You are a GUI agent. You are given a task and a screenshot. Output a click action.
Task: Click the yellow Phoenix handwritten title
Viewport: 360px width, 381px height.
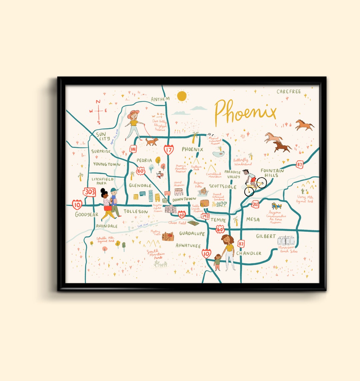[x=245, y=111]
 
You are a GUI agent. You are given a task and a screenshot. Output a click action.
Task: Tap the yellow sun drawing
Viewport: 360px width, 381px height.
[x=182, y=96]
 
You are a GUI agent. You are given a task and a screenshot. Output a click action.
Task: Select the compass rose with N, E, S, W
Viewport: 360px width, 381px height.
[x=98, y=112]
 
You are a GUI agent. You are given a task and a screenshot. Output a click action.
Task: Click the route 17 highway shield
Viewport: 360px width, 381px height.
[x=169, y=150]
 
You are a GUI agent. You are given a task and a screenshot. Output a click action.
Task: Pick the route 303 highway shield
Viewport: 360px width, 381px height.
[x=90, y=192]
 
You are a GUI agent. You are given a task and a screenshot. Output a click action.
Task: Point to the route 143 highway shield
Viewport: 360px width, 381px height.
[x=206, y=216]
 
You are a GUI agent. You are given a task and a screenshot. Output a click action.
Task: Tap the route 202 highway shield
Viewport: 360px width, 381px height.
[x=255, y=204]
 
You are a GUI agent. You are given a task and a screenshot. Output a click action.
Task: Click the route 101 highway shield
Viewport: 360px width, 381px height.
[x=133, y=149]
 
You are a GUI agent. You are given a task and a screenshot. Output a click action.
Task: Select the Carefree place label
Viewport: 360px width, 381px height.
[x=289, y=91]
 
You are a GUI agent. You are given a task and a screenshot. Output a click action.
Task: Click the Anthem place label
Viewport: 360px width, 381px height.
[x=160, y=99]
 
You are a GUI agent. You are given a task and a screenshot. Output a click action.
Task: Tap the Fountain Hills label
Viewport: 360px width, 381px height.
[x=272, y=173]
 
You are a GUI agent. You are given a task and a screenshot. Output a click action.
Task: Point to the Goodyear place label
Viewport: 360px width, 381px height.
[x=87, y=214]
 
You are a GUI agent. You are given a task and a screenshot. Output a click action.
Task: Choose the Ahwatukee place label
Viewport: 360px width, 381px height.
[x=188, y=245]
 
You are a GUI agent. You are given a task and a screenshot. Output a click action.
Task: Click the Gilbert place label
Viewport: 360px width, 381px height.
[x=266, y=236]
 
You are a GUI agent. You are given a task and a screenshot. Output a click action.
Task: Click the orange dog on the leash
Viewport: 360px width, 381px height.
[x=152, y=142]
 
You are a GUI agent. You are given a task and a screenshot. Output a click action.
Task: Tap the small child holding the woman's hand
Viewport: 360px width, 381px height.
[x=217, y=261]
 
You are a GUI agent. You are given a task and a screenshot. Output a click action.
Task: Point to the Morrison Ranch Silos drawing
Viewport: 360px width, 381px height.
[x=286, y=241]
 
